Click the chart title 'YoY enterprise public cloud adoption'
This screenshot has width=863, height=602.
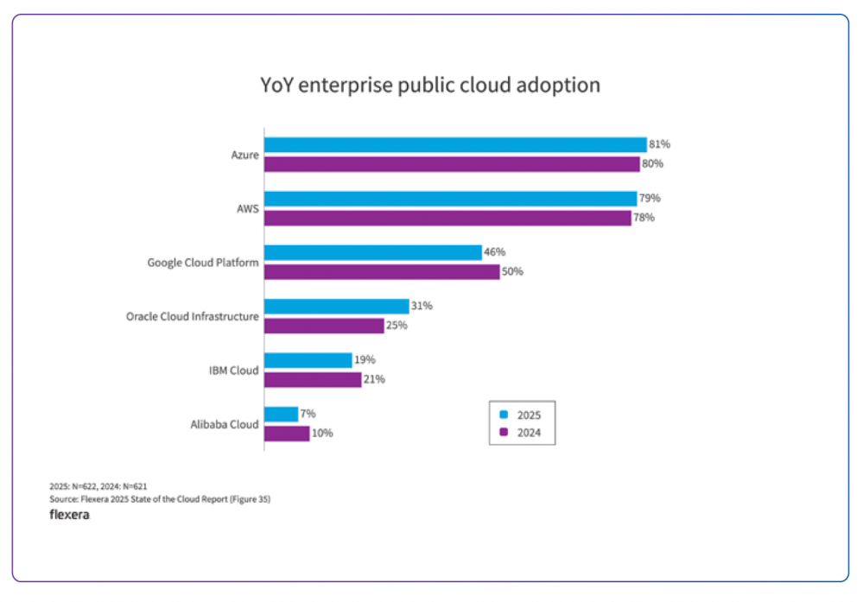430,86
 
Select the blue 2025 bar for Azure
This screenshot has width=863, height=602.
455,145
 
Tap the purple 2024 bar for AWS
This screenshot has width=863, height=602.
447,218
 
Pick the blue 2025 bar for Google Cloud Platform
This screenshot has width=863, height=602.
373,252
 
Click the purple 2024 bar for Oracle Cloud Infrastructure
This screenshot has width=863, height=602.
324,326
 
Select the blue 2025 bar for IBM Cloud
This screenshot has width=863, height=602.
308,360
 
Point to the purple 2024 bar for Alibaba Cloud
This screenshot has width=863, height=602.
287,434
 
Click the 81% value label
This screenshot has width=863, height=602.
660,145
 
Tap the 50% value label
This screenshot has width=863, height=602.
513,272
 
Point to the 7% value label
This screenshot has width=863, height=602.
308,414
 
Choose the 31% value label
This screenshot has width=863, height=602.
422,307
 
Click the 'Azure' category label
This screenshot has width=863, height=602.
244,155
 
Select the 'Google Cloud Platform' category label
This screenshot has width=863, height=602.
203,263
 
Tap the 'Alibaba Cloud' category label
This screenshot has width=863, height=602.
224,424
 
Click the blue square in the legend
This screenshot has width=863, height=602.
504,415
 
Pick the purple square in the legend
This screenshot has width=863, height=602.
504,433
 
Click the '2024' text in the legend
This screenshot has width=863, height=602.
529,433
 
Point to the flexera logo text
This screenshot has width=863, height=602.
69,516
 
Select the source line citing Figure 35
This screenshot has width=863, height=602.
160,498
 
